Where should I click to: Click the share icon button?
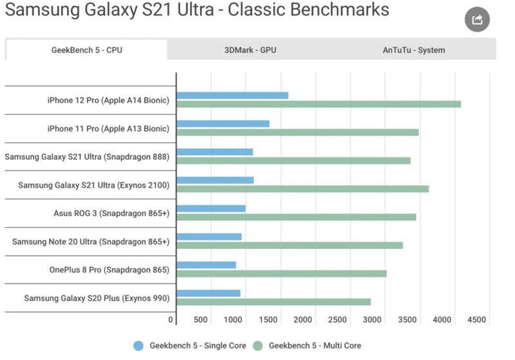[477, 19]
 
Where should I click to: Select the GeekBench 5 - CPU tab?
[87, 50]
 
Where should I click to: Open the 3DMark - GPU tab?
[250, 50]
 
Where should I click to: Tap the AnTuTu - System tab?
[414, 50]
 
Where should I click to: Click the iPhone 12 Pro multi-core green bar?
[318, 105]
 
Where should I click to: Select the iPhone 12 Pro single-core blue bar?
[232, 95]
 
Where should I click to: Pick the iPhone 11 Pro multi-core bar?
[298, 132]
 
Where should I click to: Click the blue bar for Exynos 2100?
[215, 180]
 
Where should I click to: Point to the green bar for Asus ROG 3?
[296, 217]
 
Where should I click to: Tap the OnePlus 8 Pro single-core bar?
[206, 265]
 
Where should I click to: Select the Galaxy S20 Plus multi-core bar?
[273, 302]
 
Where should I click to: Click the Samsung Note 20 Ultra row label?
[91, 242]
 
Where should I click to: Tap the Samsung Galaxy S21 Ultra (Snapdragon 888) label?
[87, 157]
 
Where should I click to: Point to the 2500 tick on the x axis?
[337, 319]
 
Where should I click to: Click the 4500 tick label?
[476, 319]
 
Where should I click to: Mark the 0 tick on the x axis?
[170, 319]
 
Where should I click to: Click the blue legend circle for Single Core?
[139, 346]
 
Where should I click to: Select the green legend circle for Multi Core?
[258, 346]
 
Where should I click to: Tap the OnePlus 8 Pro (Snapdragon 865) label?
[110, 270]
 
